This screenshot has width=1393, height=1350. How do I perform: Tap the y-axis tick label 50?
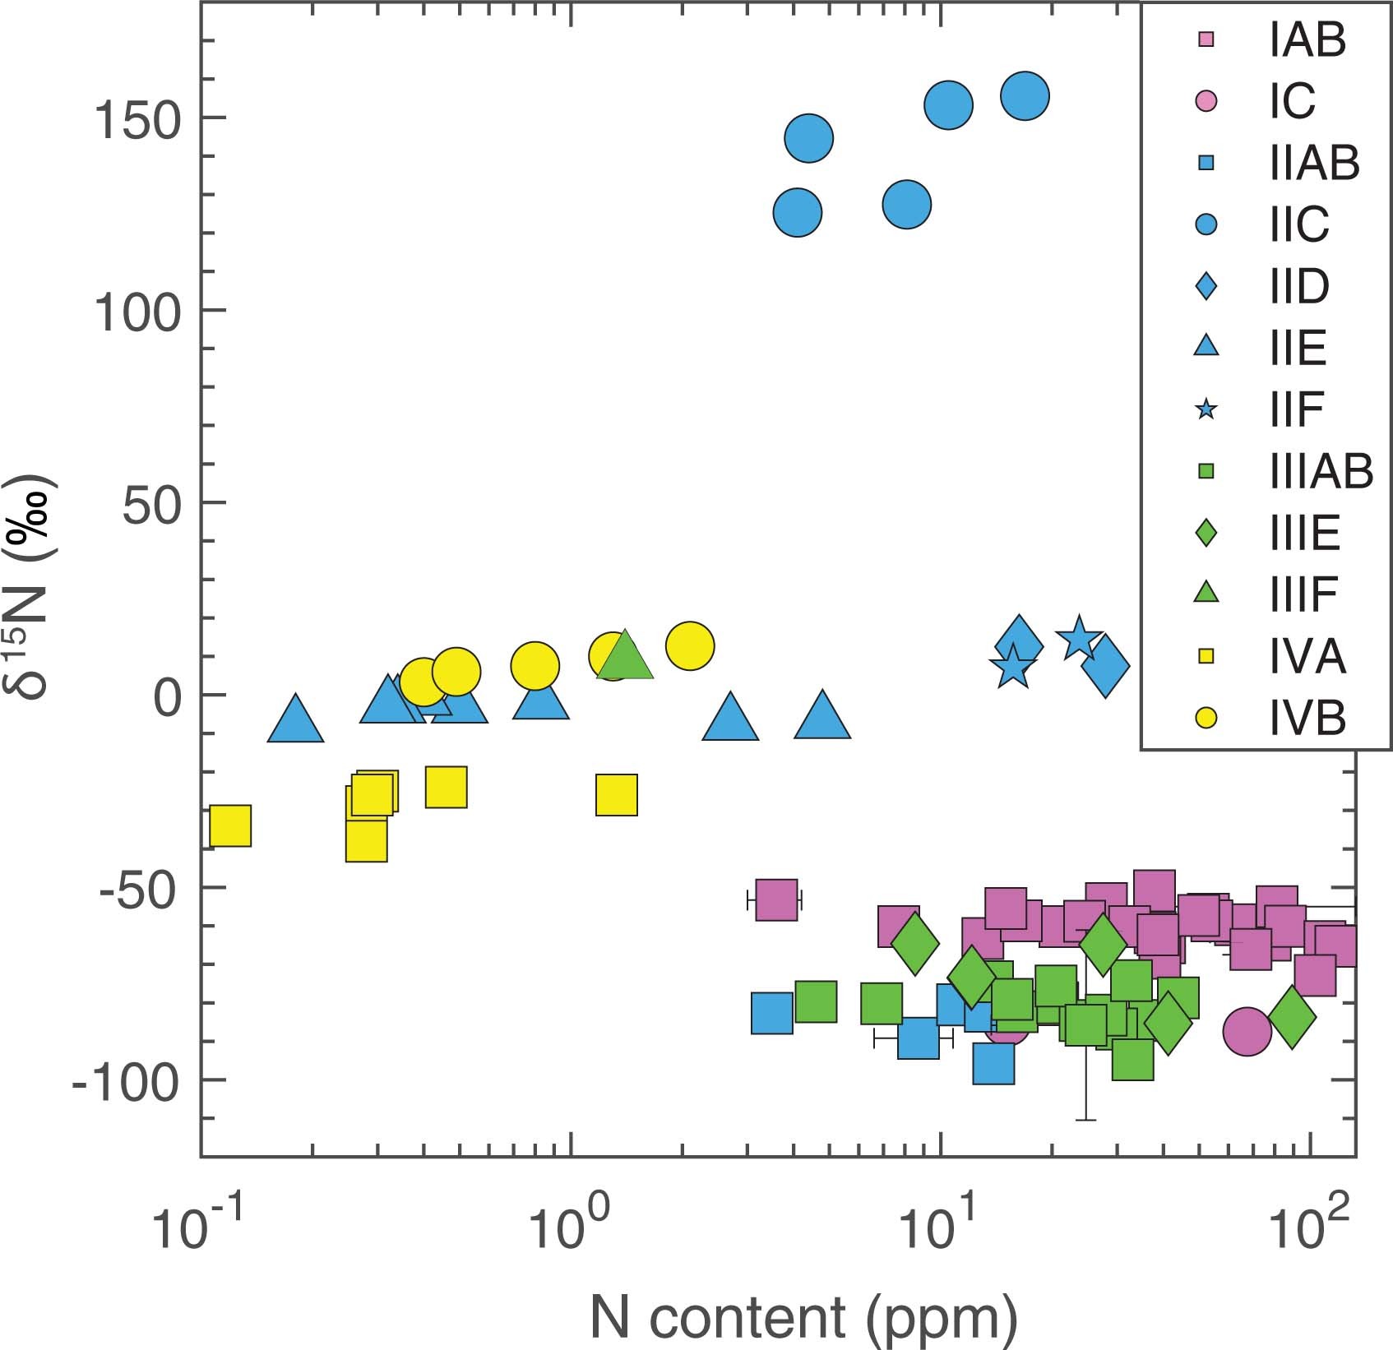[x=151, y=506]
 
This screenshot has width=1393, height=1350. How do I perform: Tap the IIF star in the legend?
[x=1206, y=409]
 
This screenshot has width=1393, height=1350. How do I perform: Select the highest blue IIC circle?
[x=1025, y=96]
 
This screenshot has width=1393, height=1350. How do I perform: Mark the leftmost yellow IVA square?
[x=230, y=826]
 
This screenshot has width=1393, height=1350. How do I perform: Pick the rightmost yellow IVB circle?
[x=690, y=646]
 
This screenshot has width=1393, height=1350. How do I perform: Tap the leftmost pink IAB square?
[x=776, y=899]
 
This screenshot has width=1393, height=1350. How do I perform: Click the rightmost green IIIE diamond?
[x=1291, y=1018]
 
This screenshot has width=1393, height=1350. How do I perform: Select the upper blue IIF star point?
[x=1078, y=637]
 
